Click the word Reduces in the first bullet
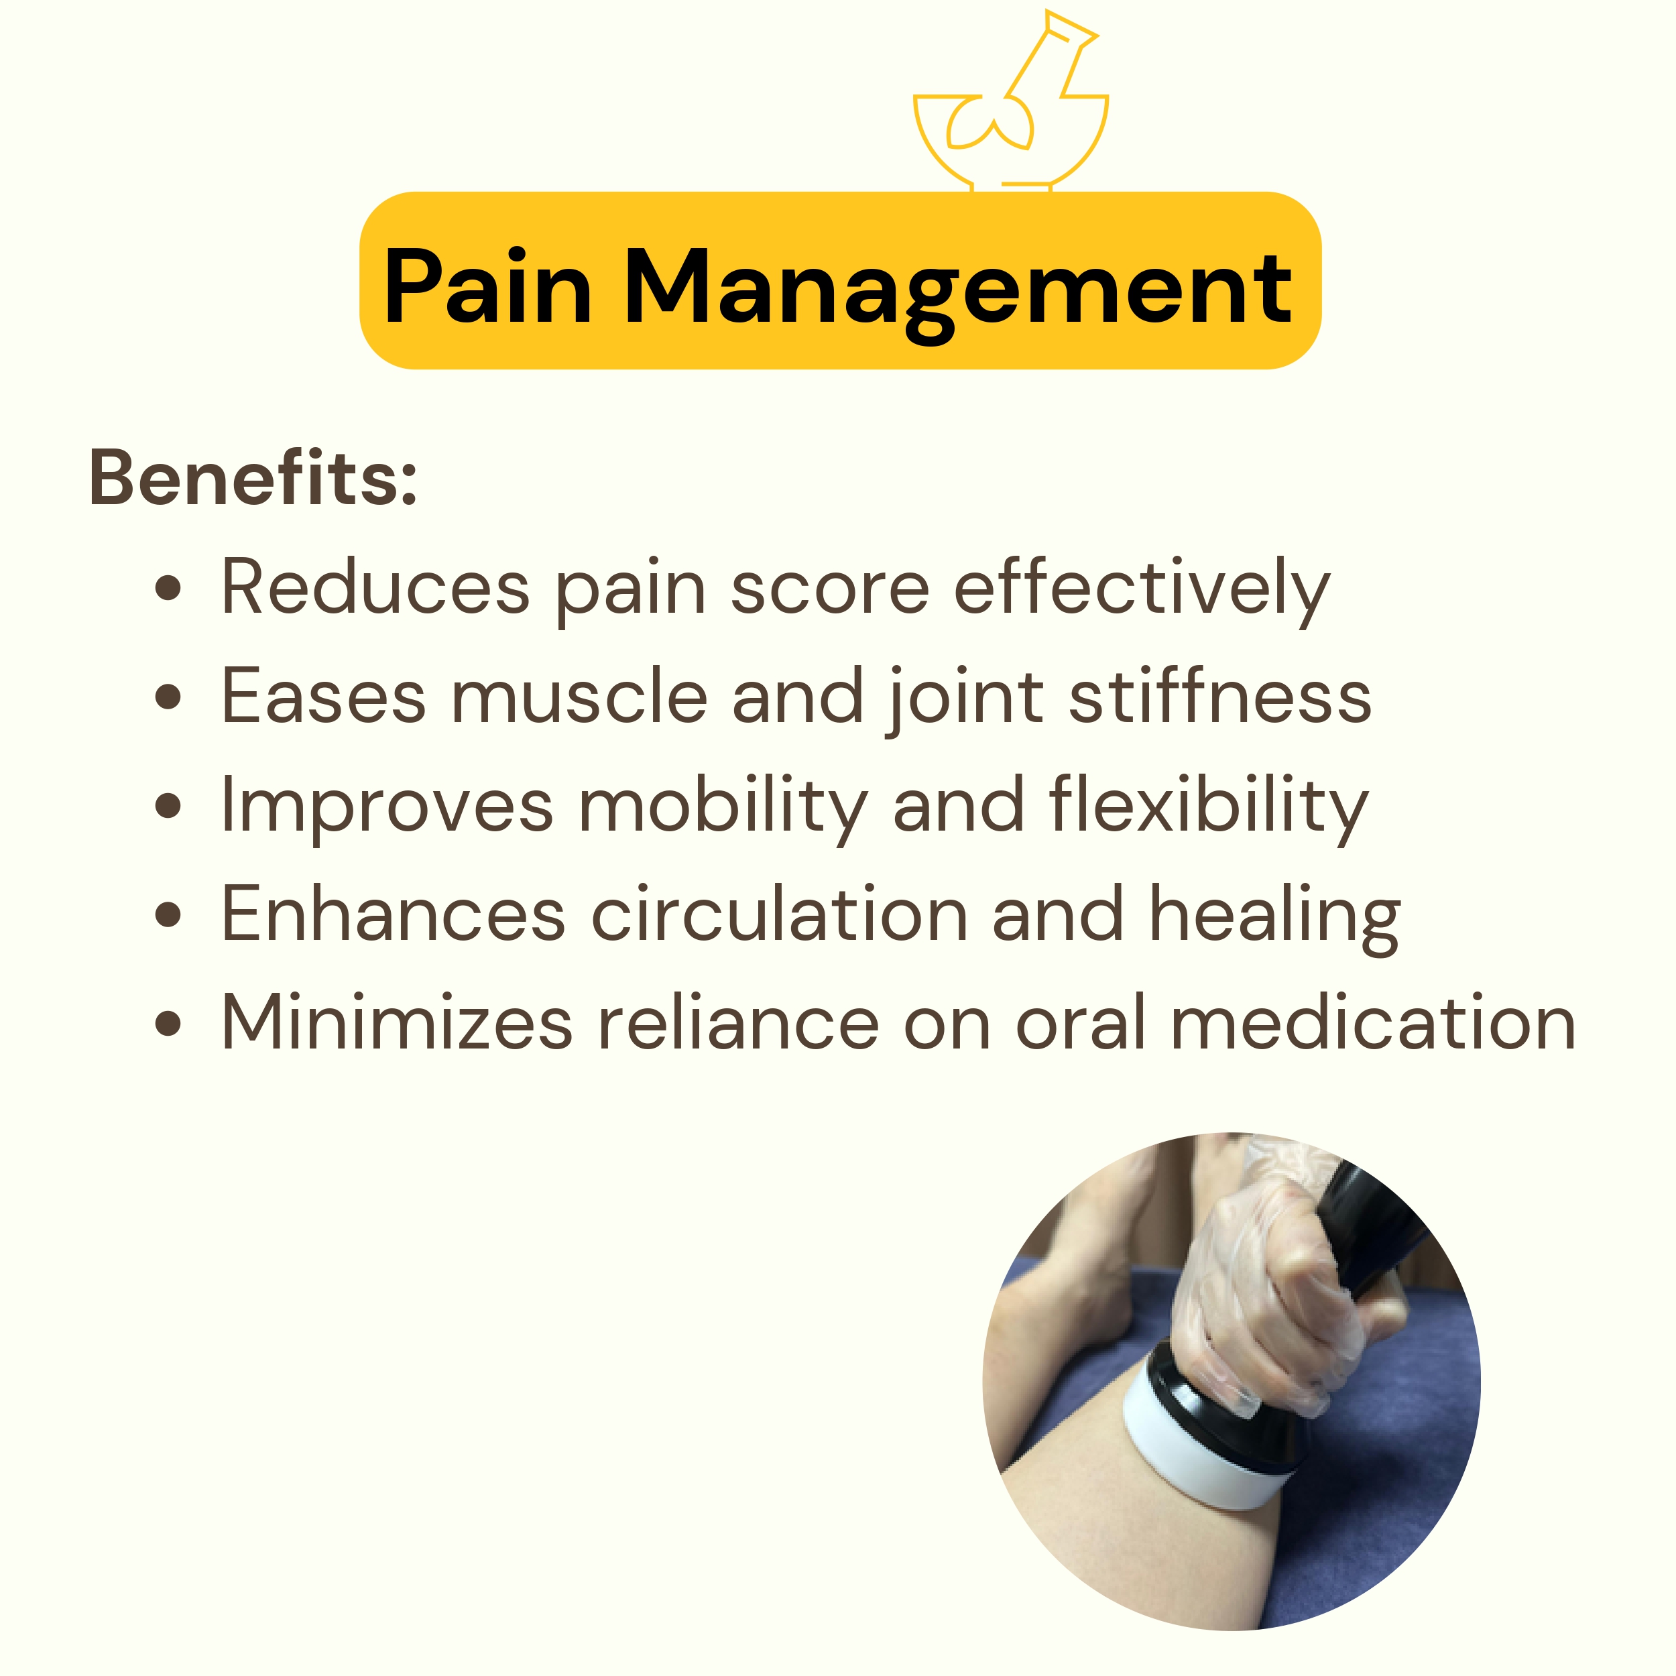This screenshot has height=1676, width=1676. [x=375, y=587]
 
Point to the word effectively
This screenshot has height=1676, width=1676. [x=1142, y=592]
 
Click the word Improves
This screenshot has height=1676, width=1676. [x=387, y=808]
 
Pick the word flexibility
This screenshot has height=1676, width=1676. [x=1209, y=809]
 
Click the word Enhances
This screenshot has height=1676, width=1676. [x=394, y=914]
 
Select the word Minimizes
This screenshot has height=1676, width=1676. [x=398, y=1022]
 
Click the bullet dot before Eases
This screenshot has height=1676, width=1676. [x=168, y=696]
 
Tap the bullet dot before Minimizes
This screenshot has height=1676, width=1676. [x=168, y=1023]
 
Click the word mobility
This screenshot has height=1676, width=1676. [x=723, y=809]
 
